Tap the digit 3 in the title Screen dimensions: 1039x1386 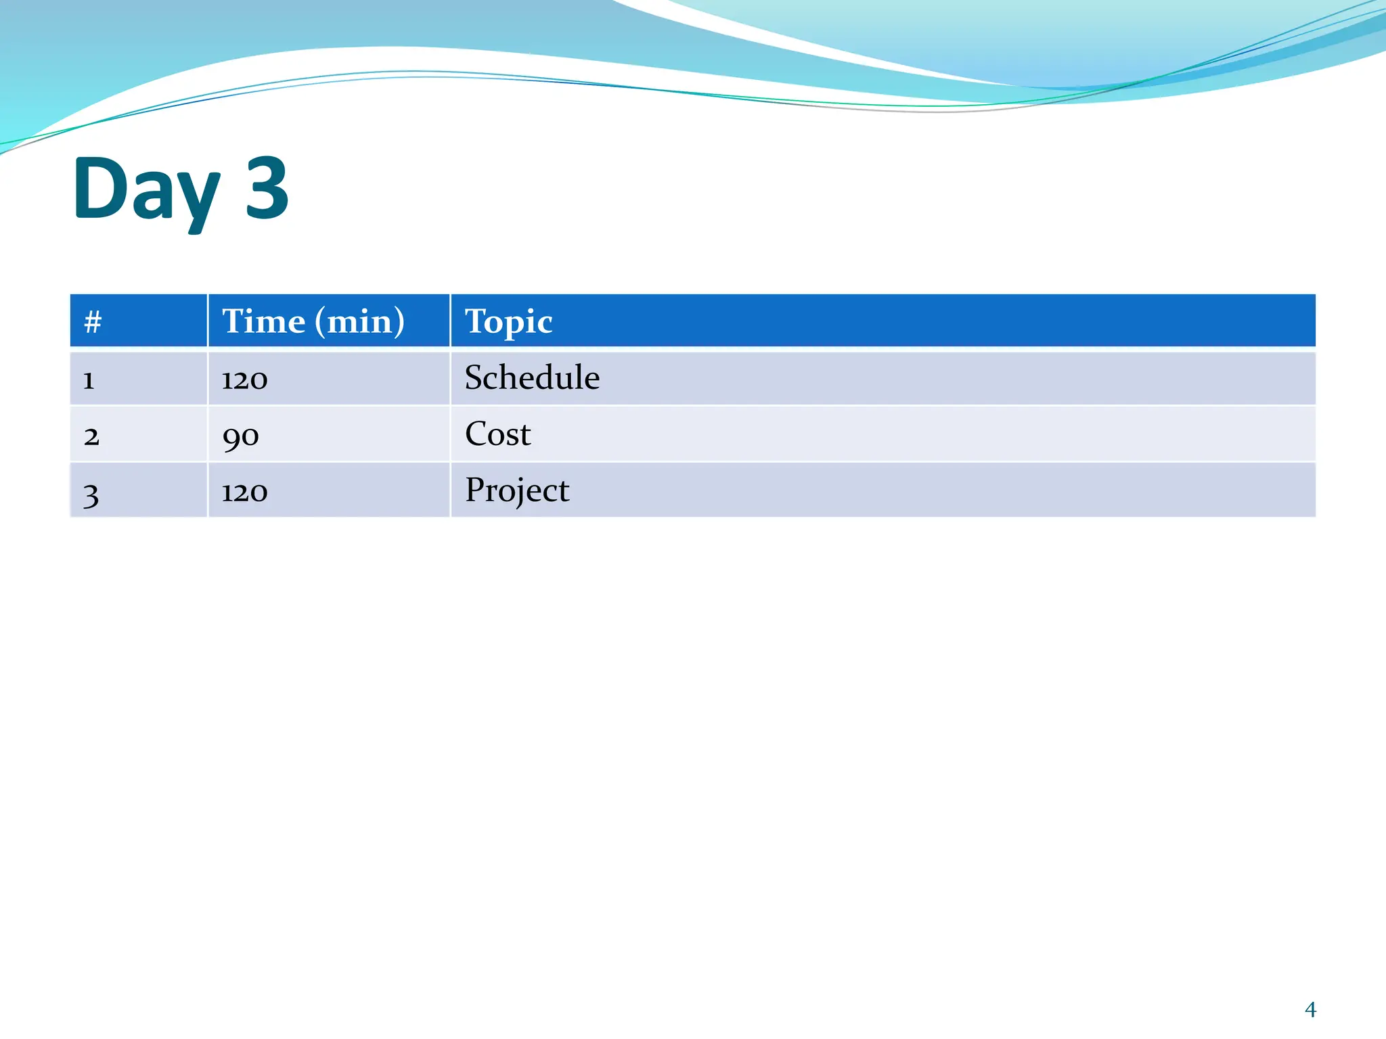coord(267,188)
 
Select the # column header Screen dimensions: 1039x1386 coord(93,322)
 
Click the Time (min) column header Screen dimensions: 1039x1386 coord(313,321)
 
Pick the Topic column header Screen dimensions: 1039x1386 coord(508,322)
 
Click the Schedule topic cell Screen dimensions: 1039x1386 coord(532,377)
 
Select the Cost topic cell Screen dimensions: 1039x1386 coord(497,434)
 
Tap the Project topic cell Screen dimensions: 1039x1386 coord(517,490)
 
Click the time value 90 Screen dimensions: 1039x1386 coord(240,436)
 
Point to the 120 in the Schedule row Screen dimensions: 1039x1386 coord(244,379)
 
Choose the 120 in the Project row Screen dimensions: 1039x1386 coord(244,492)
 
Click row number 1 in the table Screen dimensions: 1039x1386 coord(89,380)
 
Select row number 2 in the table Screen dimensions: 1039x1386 coord(91,436)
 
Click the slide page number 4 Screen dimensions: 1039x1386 coord(1310,1010)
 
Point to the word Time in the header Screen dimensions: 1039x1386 coord(264,321)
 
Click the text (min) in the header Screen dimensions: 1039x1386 coord(360,322)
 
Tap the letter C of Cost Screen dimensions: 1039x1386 coord(476,434)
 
